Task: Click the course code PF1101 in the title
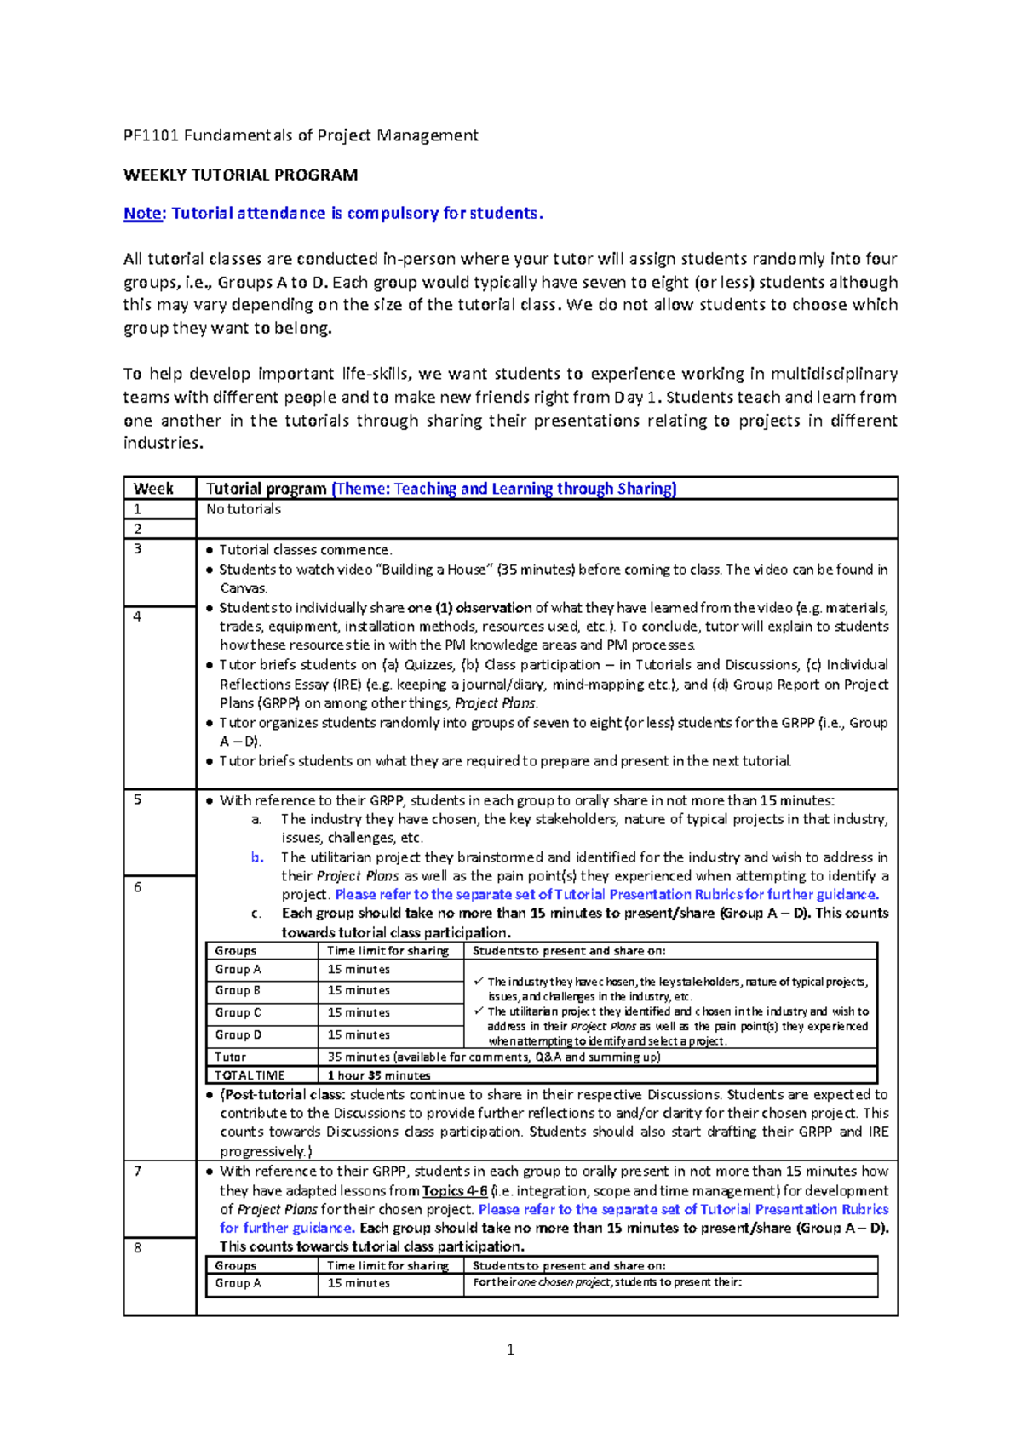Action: [x=151, y=135]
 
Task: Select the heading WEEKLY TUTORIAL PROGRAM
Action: [x=240, y=175]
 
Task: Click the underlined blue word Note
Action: [x=142, y=214]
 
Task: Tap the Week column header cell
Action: [x=153, y=489]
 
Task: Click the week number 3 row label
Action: [x=137, y=549]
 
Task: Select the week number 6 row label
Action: [x=137, y=887]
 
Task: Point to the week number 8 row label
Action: [x=137, y=1248]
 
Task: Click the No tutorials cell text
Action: [x=244, y=509]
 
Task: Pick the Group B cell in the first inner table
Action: [x=238, y=991]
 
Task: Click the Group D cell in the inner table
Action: [x=238, y=1035]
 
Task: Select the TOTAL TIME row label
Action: [x=250, y=1076]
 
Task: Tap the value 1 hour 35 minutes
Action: [x=379, y=1076]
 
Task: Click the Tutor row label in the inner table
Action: [x=230, y=1057]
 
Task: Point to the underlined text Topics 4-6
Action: [x=455, y=1191]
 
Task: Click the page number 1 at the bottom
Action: [x=510, y=1349]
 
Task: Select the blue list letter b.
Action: [x=257, y=857]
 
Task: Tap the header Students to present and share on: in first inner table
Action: [x=569, y=951]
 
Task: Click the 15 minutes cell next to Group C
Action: [x=359, y=1013]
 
